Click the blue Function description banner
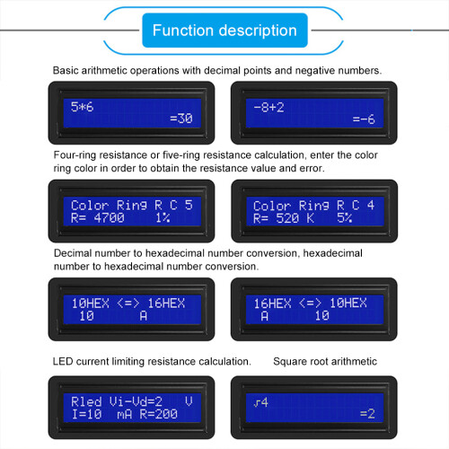pos(224,31)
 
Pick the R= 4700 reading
pos(100,217)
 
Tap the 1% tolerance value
pos(162,217)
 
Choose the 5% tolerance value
pos(345,217)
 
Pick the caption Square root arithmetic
pos(325,361)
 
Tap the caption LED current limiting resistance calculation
pos(152,361)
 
